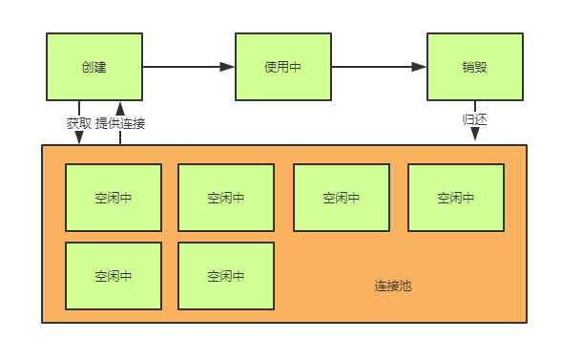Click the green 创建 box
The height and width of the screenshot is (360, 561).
(x=94, y=67)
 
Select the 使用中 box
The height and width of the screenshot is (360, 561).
(x=283, y=67)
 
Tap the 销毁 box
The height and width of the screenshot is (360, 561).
(x=474, y=67)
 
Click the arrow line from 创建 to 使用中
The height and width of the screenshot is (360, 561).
(x=181, y=67)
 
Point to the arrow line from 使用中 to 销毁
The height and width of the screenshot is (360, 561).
(x=372, y=67)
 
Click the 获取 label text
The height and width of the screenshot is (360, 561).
(x=79, y=123)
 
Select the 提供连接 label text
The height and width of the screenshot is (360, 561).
(x=121, y=123)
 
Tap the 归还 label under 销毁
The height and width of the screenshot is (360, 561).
(x=475, y=121)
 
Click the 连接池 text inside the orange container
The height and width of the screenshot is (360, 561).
(x=392, y=286)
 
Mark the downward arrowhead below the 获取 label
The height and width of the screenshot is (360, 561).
(x=79, y=138)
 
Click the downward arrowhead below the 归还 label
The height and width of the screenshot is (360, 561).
(x=475, y=138)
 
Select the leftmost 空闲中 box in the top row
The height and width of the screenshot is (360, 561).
(x=114, y=198)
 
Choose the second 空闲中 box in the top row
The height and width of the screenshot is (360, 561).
(x=226, y=198)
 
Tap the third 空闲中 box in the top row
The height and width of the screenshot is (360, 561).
(x=342, y=198)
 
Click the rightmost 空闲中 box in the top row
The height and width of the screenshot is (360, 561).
(x=456, y=198)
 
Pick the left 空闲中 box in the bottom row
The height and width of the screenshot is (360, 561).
(x=114, y=276)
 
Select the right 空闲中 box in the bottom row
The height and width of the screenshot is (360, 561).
(x=226, y=276)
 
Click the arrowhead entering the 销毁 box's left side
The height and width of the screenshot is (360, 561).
(x=419, y=67)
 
